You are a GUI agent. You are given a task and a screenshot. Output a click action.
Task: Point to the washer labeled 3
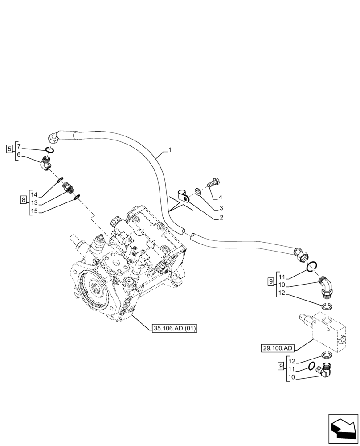click(x=197, y=192)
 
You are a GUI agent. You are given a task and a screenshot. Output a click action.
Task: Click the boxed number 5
click(x=9, y=149)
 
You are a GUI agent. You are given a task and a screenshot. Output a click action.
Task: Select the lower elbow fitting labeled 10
click(x=324, y=370)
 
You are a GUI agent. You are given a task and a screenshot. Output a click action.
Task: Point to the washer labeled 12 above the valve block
click(x=327, y=306)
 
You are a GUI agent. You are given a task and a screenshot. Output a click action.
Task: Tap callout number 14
click(x=34, y=194)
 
